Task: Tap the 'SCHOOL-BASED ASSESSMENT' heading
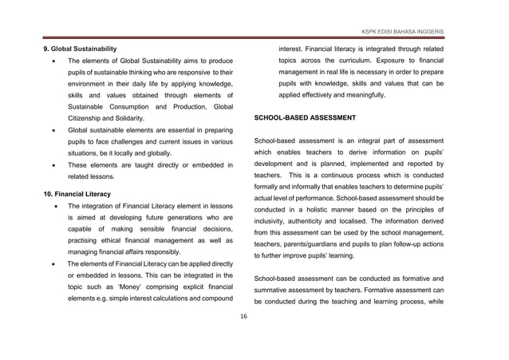(x=304, y=117)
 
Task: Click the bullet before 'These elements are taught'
(x=53, y=165)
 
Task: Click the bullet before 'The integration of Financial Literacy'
(x=53, y=206)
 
